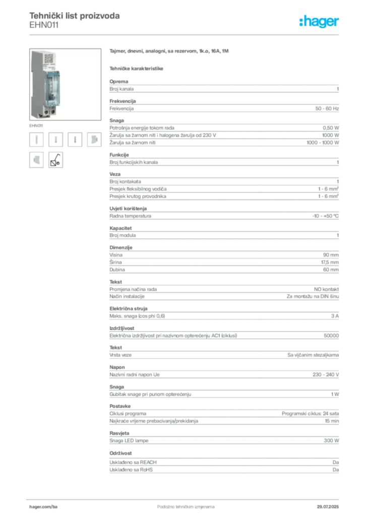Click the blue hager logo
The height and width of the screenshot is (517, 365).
pyautogui.click(x=320, y=22)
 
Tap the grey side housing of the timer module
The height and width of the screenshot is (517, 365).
pyautogui.click(x=36, y=83)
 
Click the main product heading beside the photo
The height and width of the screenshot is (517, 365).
pyautogui.click(x=169, y=53)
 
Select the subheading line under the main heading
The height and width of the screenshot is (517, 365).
pyautogui.click(x=137, y=68)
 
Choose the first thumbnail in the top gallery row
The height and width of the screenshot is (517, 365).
pyautogui.click(x=36, y=140)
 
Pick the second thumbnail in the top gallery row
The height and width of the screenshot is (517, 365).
pyautogui.click(x=56, y=140)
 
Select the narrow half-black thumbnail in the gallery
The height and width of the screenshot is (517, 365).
pyautogui.click(x=75, y=140)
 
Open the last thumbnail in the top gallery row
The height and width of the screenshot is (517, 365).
pyautogui.click(x=94, y=140)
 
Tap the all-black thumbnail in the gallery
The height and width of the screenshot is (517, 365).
pyautogui.click(x=55, y=160)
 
